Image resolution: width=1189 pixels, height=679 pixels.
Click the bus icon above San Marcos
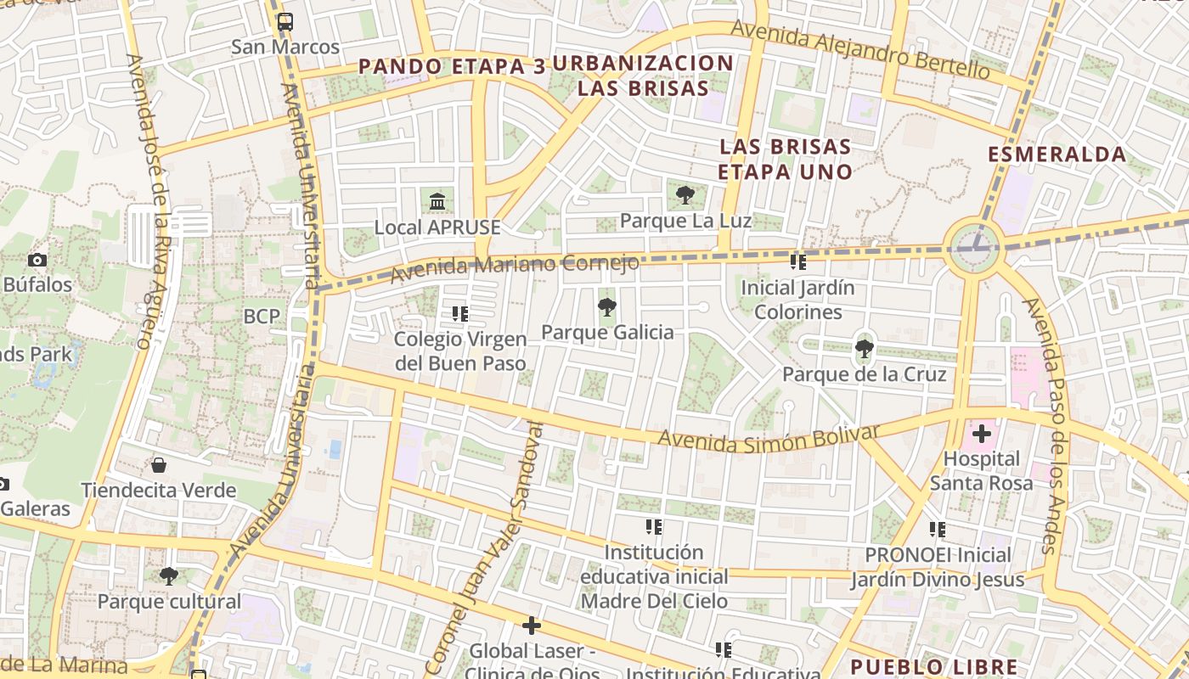pos(285,22)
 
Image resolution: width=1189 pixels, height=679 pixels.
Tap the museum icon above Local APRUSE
pos(437,202)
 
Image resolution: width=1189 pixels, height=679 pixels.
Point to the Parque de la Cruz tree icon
pos(864,348)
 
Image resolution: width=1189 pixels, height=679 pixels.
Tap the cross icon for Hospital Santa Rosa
pos(982,435)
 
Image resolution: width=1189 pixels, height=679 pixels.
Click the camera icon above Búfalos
pos(37,260)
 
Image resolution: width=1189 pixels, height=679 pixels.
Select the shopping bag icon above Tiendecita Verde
pos(158,465)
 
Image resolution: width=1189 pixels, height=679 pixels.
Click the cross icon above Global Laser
pos(532,626)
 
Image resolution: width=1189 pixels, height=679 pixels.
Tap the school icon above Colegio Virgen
pos(460,314)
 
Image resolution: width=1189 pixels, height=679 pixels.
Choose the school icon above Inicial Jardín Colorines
pos(797,262)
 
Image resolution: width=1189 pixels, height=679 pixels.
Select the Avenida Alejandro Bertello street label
pos(859,49)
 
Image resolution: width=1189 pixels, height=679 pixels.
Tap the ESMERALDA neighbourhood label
pos(1057,154)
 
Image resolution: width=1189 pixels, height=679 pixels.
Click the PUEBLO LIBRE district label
pos(933,666)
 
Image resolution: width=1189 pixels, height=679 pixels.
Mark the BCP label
pos(262,317)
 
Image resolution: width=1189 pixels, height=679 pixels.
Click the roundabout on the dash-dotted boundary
pos(975,247)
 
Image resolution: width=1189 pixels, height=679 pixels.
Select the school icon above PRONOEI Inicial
pos(938,530)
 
